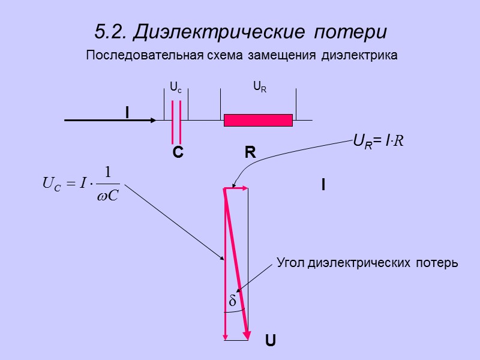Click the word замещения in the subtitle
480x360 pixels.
click(286, 56)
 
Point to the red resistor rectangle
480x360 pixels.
click(258, 120)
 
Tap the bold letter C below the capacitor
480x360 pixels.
click(178, 154)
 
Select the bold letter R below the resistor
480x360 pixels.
click(250, 154)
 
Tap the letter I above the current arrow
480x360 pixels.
click(127, 112)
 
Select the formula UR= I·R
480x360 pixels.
click(378, 142)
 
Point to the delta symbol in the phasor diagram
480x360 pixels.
click(232, 302)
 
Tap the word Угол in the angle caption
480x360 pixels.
click(290, 263)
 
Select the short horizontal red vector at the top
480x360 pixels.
click(236, 188)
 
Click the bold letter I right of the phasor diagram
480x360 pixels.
click(323, 186)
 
